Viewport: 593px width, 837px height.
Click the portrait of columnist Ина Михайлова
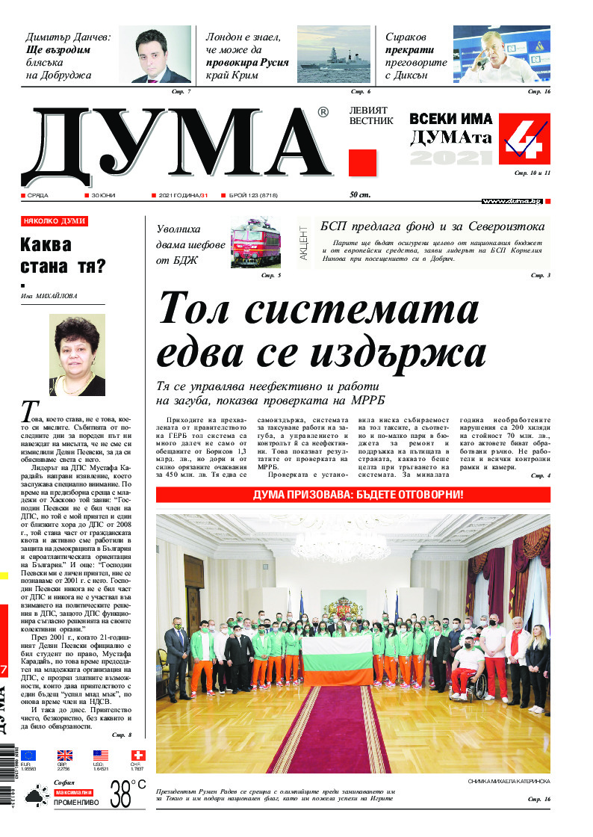[x=77, y=354]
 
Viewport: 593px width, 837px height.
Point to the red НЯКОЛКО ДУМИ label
[x=55, y=222]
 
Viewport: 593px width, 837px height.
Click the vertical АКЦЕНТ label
[x=304, y=241]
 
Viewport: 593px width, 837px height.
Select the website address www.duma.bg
[x=512, y=201]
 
